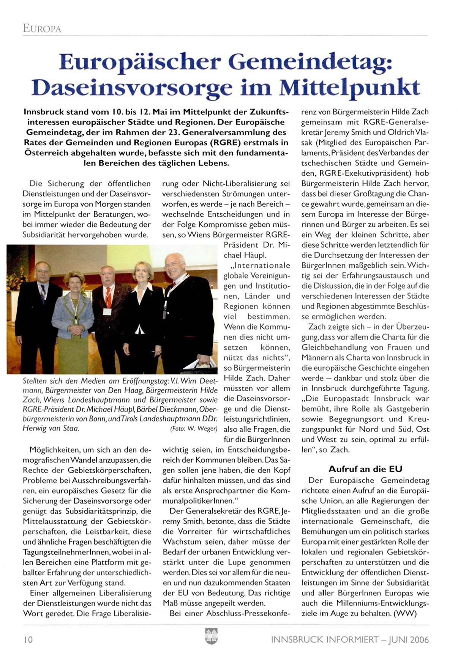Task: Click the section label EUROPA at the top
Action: [42, 28]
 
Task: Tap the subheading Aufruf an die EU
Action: [365, 469]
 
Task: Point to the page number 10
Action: [28, 639]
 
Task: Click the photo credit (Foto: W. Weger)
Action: [194, 429]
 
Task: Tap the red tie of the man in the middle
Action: [108, 298]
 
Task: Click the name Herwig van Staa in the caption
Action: [51, 429]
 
